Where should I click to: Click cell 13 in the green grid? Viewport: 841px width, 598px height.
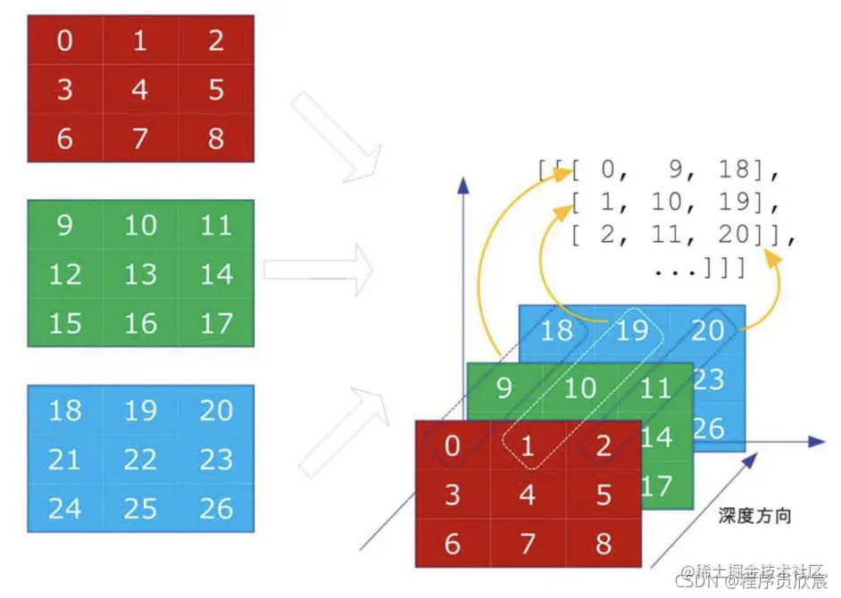[140, 274]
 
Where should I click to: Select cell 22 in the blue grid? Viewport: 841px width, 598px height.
[140, 460]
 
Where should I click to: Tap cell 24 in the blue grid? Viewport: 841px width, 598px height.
[65, 509]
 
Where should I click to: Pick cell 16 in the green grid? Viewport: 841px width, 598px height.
[140, 323]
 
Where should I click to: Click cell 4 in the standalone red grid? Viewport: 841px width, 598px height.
[140, 89]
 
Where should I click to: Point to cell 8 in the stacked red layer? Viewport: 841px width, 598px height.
[604, 543]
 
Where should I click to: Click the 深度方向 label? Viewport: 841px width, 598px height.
[754, 516]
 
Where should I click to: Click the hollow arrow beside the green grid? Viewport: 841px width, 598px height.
[317, 268]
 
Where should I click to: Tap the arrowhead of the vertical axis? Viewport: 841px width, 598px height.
[462, 182]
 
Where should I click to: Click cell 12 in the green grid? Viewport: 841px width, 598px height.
[65, 274]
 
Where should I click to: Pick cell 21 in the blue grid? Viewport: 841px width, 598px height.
[65, 460]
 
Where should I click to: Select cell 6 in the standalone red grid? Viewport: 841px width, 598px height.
[65, 138]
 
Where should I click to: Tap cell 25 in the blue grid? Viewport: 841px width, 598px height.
[140, 509]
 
